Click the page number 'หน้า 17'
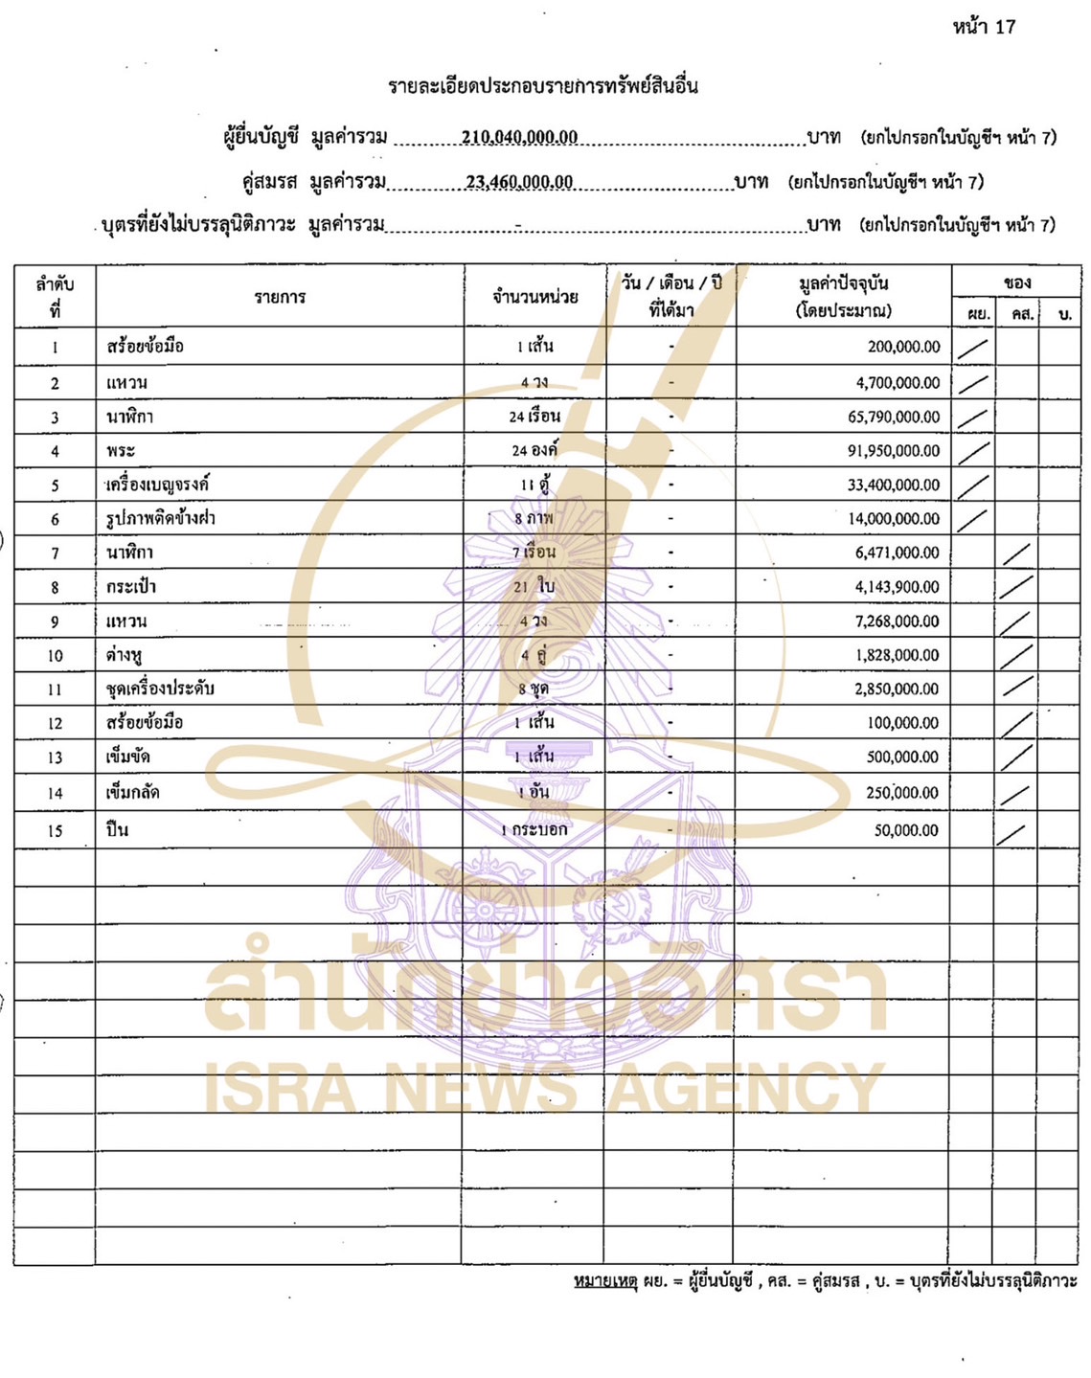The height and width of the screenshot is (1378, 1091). point(984,27)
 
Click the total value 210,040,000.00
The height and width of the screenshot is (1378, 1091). point(519,137)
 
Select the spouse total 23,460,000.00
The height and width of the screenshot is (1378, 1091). point(519,182)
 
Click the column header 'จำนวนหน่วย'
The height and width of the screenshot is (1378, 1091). point(534,297)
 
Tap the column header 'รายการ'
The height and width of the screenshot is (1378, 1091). point(280,297)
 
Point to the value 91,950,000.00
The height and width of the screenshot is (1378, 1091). point(893,450)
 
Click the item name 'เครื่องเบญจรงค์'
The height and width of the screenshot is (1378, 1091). point(158,485)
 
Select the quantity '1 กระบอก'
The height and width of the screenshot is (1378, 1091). point(534,829)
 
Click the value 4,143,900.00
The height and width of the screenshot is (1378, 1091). point(897,586)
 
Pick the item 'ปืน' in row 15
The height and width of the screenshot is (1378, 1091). point(117,829)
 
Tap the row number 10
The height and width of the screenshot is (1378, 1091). point(55,656)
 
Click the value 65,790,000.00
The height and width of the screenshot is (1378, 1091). point(893,417)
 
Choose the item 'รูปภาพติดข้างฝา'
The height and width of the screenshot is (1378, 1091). point(161,518)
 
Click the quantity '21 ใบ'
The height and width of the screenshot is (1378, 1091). point(534,586)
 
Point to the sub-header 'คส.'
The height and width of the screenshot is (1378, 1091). point(1022,314)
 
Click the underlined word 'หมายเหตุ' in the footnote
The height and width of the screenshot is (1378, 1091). point(605,1280)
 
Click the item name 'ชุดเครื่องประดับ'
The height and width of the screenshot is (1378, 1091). point(160,689)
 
